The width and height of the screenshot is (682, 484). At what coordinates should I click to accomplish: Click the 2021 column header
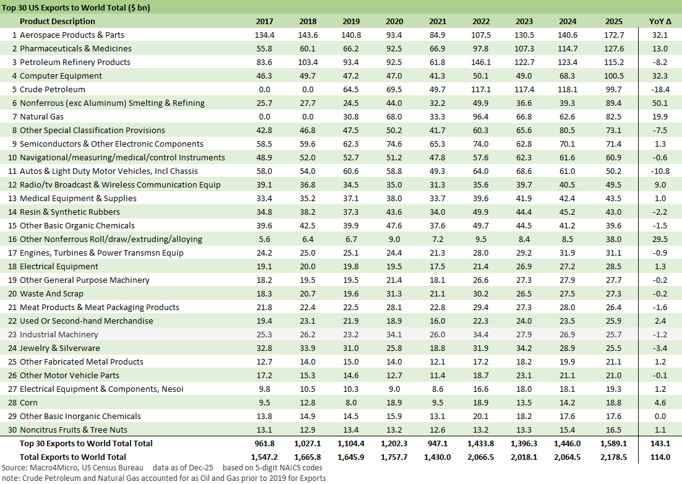[437, 22]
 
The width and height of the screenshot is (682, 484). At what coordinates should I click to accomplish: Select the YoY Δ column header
[659, 22]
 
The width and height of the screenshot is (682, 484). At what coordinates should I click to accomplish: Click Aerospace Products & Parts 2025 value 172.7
[610, 35]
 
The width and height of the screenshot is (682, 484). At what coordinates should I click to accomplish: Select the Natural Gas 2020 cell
[393, 117]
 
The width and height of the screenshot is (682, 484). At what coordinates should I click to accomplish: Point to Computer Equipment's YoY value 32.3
[659, 76]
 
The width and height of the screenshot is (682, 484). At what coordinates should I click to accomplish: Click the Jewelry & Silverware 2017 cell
[265, 348]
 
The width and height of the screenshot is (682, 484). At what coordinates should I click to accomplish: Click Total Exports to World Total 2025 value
[610, 457]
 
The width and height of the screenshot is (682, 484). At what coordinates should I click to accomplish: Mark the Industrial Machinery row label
[59, 335]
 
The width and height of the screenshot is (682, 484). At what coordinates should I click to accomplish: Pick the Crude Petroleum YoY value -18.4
[659, 90]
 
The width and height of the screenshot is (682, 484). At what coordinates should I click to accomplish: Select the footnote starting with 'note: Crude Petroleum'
[163, 478]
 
